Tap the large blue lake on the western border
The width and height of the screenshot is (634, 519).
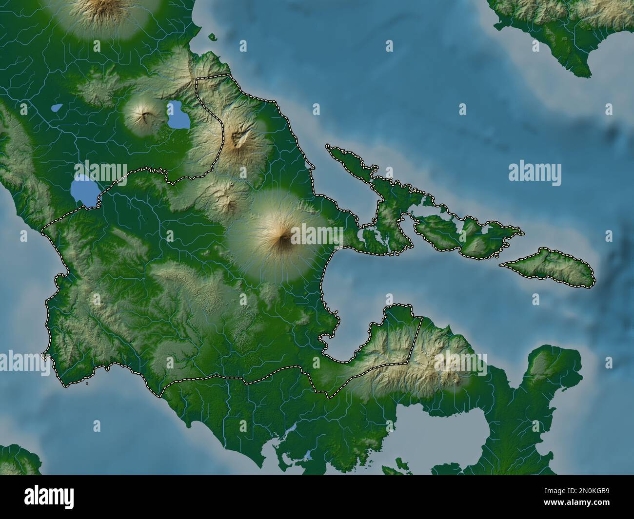coord(83,191)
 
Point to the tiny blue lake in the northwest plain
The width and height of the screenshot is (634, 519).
coord(57,107)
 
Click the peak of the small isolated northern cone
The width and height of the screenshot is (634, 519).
coord(145,116)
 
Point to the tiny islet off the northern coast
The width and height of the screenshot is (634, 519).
coord(212,36)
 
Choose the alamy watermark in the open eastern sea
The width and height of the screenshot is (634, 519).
coord(535,173)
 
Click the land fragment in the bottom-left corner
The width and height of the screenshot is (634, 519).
coord(17,461)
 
